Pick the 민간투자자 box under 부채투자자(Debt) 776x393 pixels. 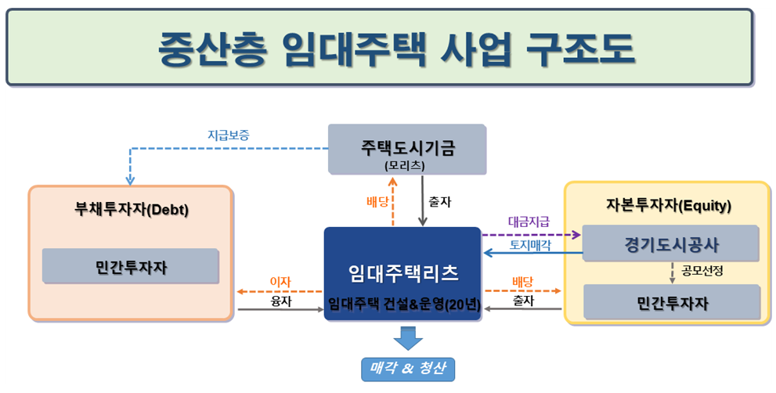[131, 268]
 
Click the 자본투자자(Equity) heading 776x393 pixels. [668, 206]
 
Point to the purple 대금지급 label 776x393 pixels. [529, 222]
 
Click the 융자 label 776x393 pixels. [280, 300]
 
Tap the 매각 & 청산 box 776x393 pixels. [407, 368]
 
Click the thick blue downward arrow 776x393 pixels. [407, 338]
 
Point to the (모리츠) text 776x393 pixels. [406, 165]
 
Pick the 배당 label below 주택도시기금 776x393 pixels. [377, 201]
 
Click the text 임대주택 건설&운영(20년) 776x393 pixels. [402, 304]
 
